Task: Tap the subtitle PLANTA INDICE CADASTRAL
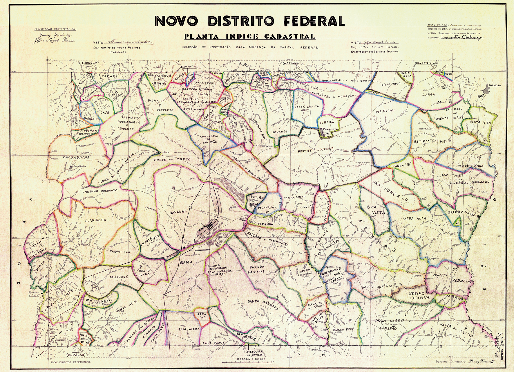(x=250, y=37)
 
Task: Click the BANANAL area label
(x=178, y=212)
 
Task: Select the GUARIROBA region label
(x=95, y=220)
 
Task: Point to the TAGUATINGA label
(x=120, y=252)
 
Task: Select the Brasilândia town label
(x=80, y=166)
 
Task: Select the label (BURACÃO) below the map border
(x=76, y=355)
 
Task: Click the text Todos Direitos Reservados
(x=70, y=362)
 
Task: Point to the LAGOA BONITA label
(x=307, y=107)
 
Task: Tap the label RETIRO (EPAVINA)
(x=417, y=296)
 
